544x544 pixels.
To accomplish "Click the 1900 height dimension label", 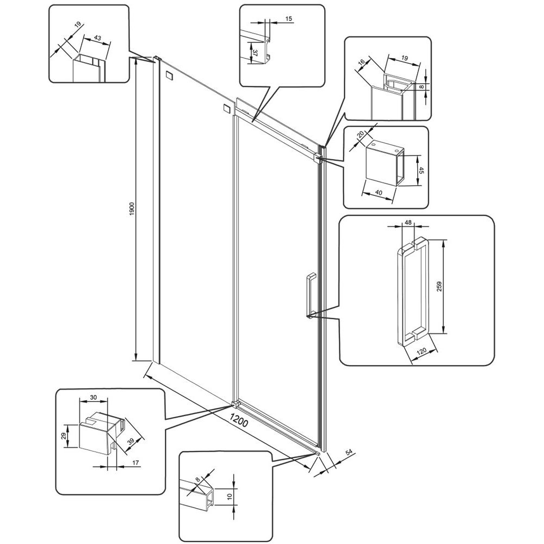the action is pyautogui.click(x=131, y=209).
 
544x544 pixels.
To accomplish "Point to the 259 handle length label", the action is pyautogui.click(x=439, y=286).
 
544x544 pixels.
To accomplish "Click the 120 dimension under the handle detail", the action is pyautogui.click(x=421, y=351).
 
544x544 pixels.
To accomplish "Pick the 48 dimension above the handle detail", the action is pyautogui.click(x=408, y=222).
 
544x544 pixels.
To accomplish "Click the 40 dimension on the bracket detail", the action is pyautogui.click(x=379, y=192).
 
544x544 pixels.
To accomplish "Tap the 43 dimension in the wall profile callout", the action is pyautogui.click(x=97, y=38).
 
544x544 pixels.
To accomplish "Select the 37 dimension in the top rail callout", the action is pyautogui.click(x=255, y=53).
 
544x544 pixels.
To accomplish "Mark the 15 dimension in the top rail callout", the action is pyautogui.click(x=289, y=18).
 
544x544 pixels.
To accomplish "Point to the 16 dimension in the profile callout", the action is pyautogui.click(x=362, y=62).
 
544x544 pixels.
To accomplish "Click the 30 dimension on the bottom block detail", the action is pyautogui.click(x=94, y=398).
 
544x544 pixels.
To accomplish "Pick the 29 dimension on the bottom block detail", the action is pyautogui.click(x=64, y=436).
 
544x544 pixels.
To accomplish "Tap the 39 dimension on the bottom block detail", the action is pyautogui.click(x=131, y=442).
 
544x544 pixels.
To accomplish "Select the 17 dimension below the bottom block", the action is pyautogui.click(x=135, y=462).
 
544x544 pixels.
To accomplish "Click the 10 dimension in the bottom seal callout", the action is pyautogui.click(x=229, y=497).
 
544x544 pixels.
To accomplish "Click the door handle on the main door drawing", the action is pyautogui.click(x=311, y=295).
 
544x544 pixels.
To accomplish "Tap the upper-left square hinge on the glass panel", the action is pyautogui.click(x=170, y=76).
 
